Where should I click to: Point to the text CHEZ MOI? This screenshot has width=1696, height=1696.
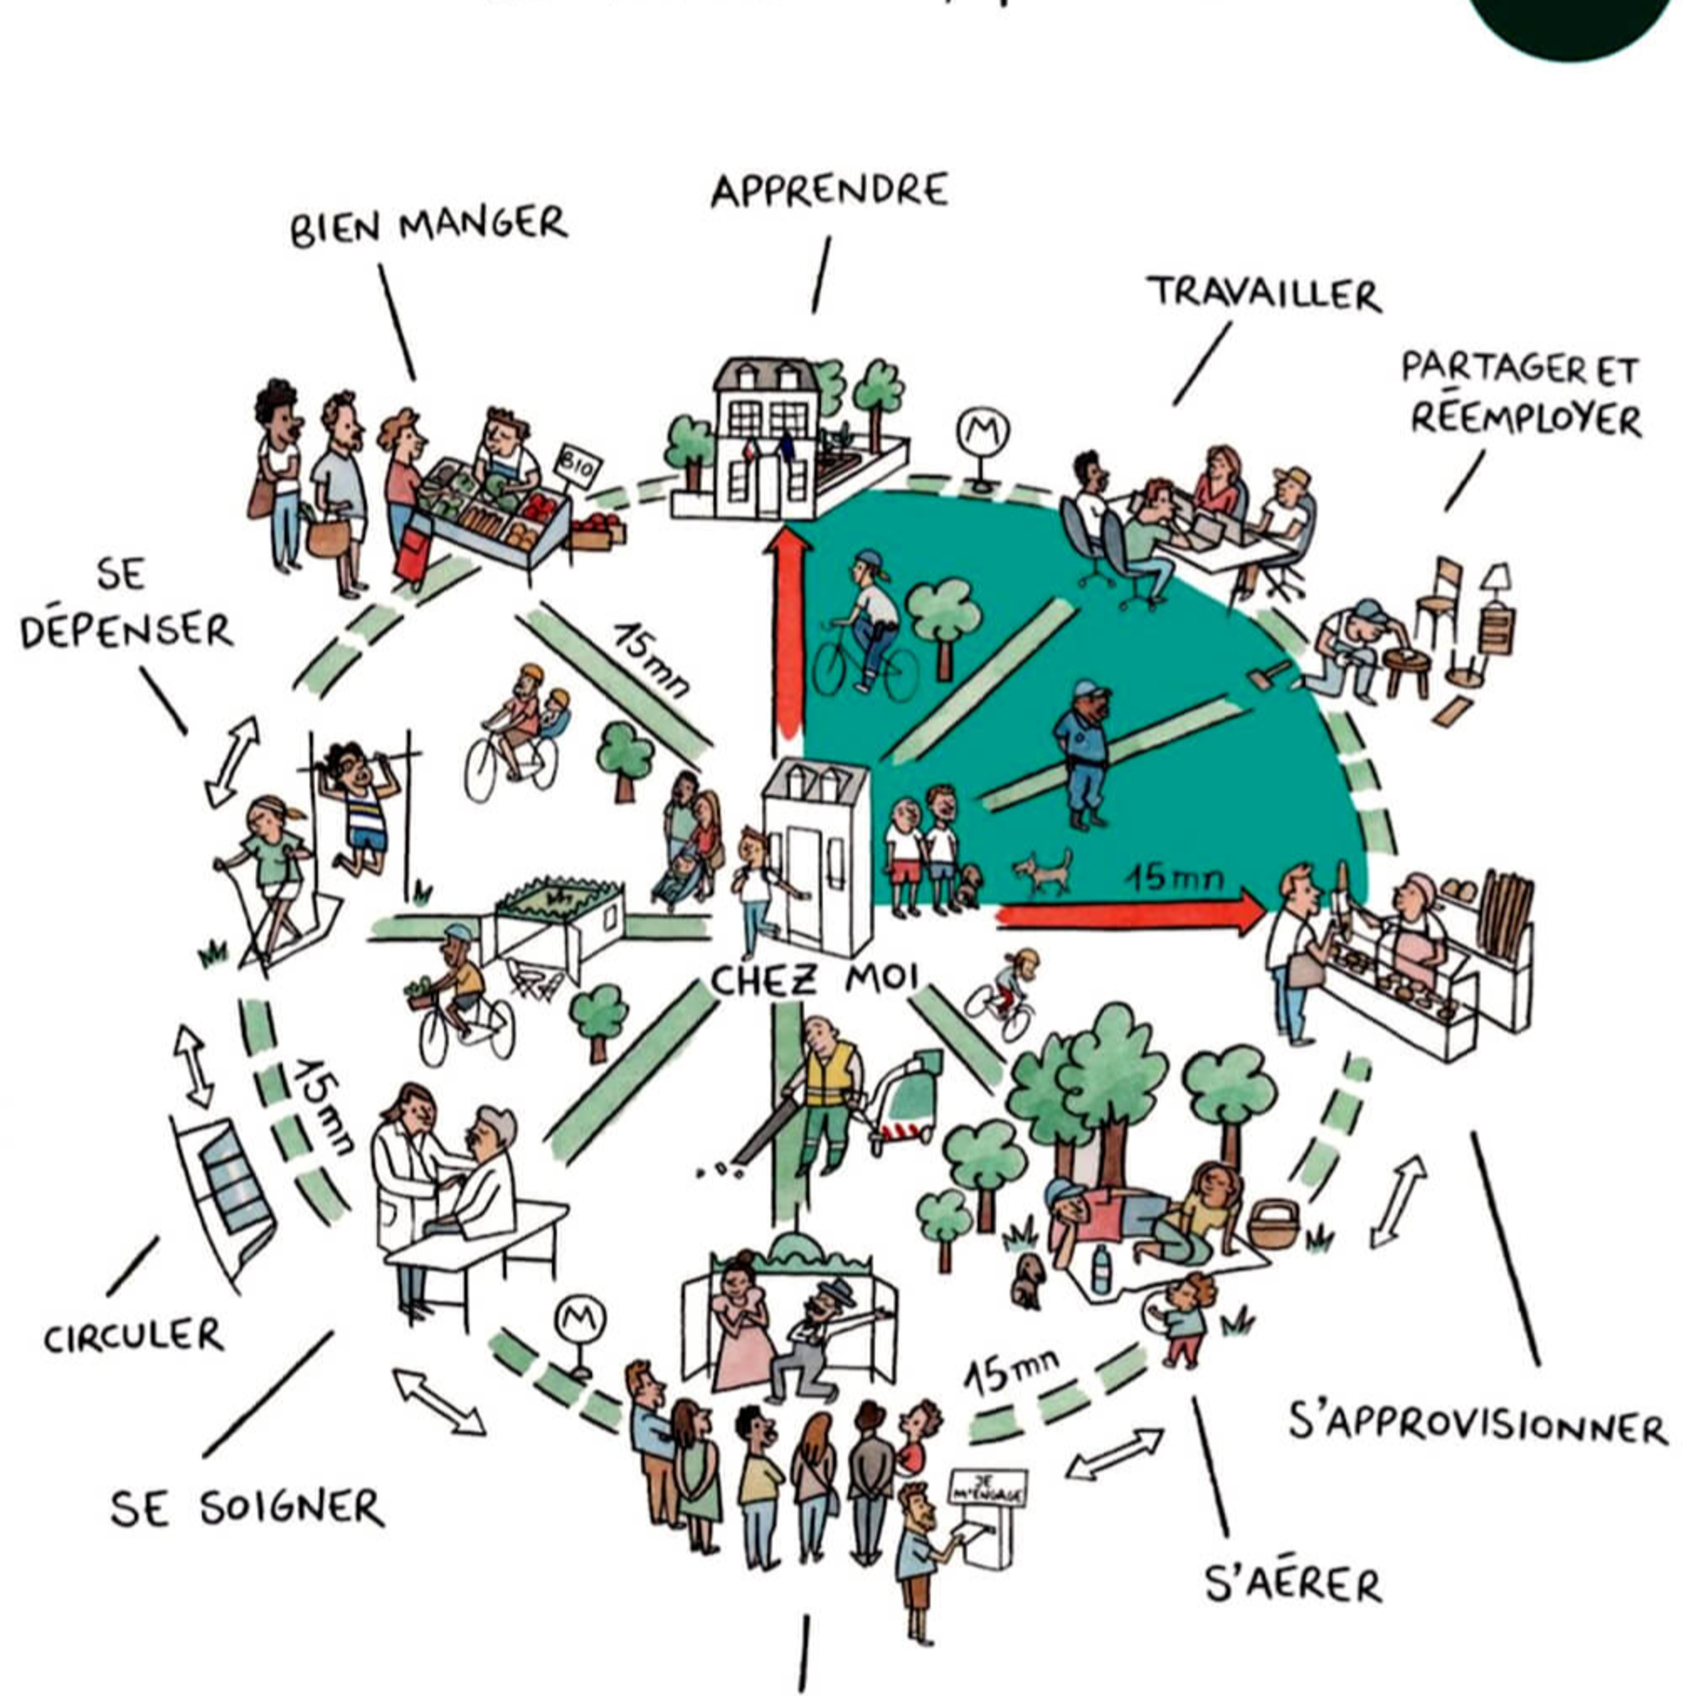[x=815, y=979]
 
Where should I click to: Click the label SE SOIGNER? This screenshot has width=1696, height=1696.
[x=248, y=1508]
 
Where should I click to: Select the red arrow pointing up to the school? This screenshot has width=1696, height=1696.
[x=788, y=632]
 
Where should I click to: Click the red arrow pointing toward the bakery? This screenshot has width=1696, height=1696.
[x=1132, y=916]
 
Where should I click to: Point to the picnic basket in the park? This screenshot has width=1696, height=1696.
[x=1272, y=1225]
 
